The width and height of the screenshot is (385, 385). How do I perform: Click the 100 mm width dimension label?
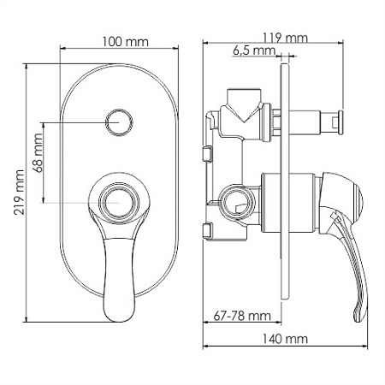(x=126, y=42)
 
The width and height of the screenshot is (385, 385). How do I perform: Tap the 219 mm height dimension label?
(x=20, y=192)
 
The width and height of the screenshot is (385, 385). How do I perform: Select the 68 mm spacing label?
(x=38, y=152)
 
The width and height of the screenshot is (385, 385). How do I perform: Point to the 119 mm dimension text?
(x=285, y=38)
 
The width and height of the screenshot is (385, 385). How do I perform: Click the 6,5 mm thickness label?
(x=254, y=50)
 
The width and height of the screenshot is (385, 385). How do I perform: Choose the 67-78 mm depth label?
(x=242, y=316)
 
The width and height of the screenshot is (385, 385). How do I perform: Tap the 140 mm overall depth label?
(x=285, y=339)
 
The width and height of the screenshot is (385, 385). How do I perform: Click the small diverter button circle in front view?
(x=119, y=122)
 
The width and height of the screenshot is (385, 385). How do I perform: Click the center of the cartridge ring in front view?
(x=119, y=203)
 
